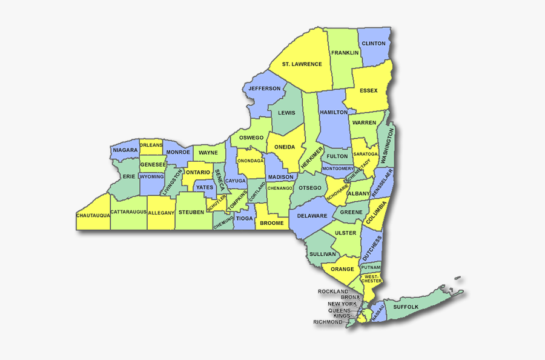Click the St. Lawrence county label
(302, 64)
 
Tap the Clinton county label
(373, 44)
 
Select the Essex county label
(368, 91)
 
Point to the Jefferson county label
(265, 88)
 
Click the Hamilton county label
(334, 113)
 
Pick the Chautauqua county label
(93, 215)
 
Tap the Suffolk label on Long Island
(406, 307)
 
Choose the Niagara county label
(125, 150)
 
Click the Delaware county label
(312, 216)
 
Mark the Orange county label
(342, 269)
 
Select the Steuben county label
(191, 213)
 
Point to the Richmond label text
(328, 322)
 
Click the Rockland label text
(333, 292)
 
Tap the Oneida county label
(285, 147)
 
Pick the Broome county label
(271, 223)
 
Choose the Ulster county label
(346, 233)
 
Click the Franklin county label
(345, 53)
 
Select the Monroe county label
(178, 152)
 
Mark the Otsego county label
(310, 188)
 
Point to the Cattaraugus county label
(128, 212)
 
